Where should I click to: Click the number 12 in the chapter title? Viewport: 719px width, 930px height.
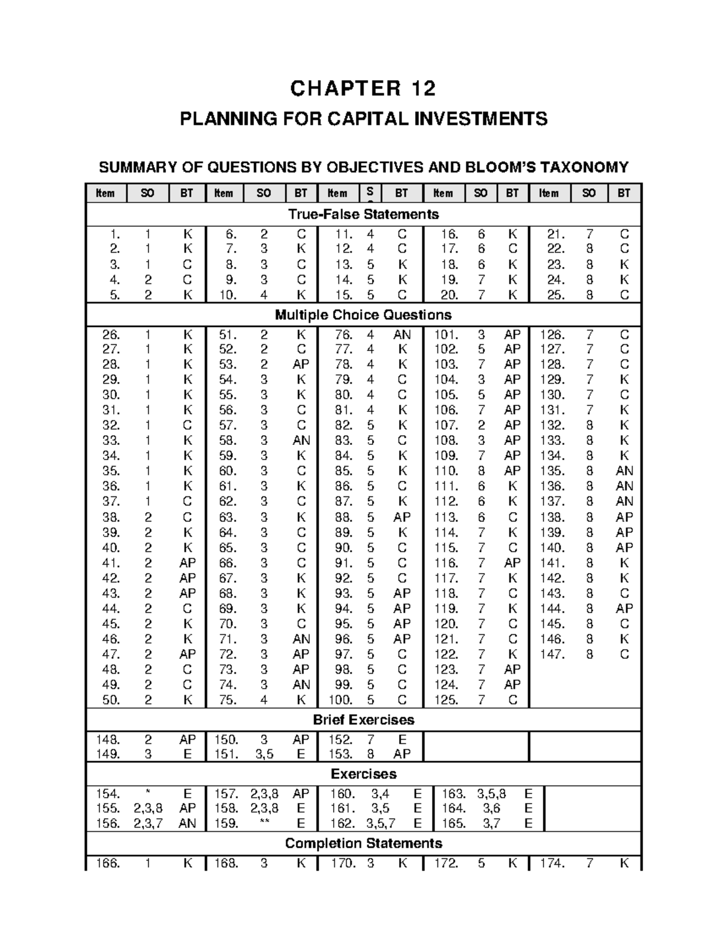coord(423,89)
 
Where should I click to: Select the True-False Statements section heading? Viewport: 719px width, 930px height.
coord(363,214)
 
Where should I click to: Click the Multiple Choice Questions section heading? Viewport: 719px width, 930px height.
coord(363,315)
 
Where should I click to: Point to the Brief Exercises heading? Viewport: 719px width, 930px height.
coord(363,720)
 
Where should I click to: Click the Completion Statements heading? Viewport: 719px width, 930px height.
coord(363,843)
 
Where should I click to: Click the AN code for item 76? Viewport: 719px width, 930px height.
coord(401,335)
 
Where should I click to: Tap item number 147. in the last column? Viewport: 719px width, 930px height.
coord(552,655)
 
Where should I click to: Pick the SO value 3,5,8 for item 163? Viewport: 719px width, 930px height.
coord(491,794)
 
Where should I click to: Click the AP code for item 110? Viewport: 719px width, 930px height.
coord(512,471)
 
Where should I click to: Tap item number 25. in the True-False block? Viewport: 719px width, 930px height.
coord(555,295)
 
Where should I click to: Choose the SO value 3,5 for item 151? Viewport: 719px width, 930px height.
coord(264,755)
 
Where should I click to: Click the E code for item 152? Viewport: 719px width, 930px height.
coord(402,740)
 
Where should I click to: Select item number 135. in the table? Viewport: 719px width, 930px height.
coord(552,471)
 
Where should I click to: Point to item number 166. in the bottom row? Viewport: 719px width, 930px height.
coord(108,864)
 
